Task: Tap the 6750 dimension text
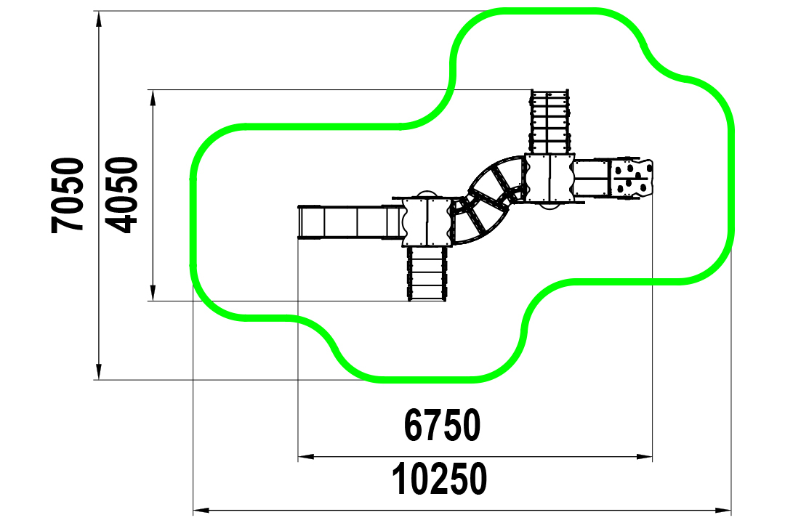[443, 425]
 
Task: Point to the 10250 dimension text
[440, 479]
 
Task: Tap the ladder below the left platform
[427, 273]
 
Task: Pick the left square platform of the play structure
[427, 221]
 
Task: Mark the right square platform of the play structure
[549, 178]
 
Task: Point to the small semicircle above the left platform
[427, 194]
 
